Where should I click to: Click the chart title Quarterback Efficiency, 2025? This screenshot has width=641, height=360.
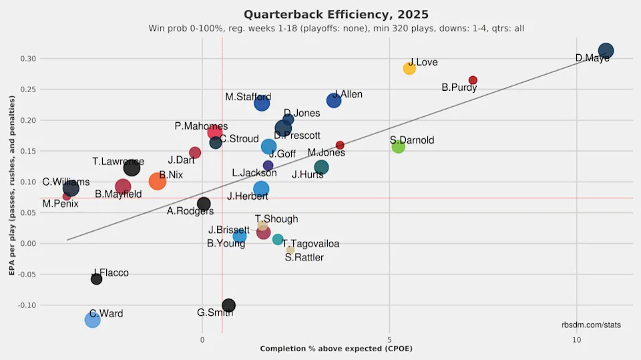336,14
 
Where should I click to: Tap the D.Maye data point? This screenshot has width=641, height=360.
606,51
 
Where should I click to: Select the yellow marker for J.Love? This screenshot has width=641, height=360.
409,68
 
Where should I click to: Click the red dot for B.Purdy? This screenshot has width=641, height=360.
473,80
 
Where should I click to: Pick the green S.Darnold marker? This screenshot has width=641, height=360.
398,146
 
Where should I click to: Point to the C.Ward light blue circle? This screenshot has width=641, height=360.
93,320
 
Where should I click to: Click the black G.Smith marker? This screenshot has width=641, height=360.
228,305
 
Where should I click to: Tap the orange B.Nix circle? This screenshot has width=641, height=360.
157,181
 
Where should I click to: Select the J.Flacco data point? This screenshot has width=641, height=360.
96,279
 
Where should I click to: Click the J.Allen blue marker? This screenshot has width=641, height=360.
334,101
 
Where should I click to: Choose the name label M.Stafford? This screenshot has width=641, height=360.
248,97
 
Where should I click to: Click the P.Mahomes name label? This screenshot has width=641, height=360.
201,126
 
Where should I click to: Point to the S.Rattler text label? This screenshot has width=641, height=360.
304,258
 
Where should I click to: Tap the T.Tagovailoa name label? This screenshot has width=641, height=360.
310,244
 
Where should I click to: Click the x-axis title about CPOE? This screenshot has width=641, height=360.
336,349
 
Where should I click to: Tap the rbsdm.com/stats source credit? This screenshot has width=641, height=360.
591,325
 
